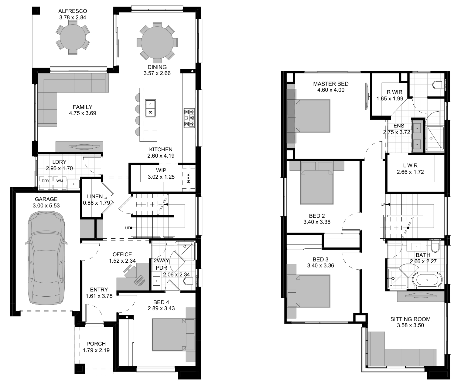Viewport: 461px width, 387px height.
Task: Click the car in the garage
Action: coord(46,258)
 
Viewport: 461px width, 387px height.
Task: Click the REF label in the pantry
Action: coord(188,178)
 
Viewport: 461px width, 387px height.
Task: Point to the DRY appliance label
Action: coord(46,181)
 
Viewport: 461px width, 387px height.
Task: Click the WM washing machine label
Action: coord(60,181)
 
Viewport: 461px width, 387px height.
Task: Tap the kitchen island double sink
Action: coord(150,108)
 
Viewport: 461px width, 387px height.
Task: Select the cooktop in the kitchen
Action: coord(190,118)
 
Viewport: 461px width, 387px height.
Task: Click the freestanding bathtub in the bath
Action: coord(427,280)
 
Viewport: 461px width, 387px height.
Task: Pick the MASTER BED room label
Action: coord(331,84)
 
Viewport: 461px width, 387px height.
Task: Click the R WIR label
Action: coord(394,92)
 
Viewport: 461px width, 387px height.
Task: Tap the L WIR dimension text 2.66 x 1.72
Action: coord(410,172)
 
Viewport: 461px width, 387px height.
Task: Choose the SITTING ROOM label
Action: coord(411,319)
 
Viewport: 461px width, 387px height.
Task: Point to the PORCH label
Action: coord(96,344)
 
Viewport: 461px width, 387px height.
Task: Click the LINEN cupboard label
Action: coord(95,197)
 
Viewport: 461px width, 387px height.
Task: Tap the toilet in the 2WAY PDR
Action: coord(190,281)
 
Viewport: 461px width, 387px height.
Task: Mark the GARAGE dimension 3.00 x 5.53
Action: coord(46,206)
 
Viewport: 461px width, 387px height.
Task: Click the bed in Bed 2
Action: coord(317,187)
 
